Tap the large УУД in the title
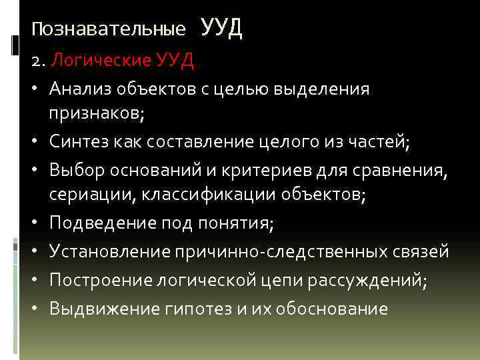click(x=221, y=28)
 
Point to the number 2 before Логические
click(x=37, y=62)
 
